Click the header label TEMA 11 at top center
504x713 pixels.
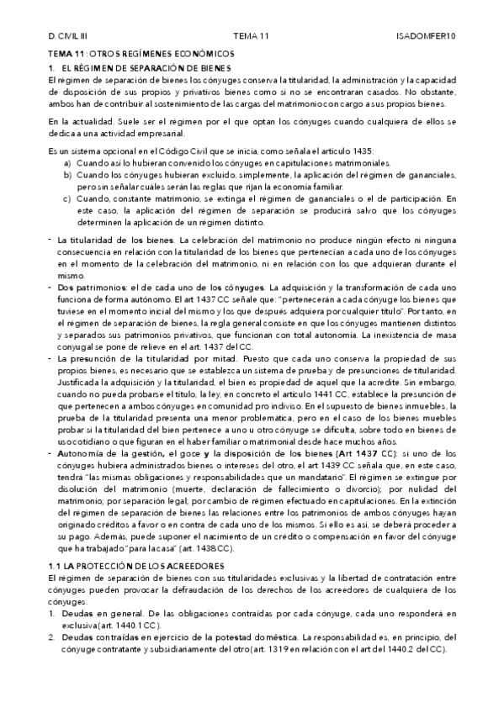(x=251, y=38)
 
